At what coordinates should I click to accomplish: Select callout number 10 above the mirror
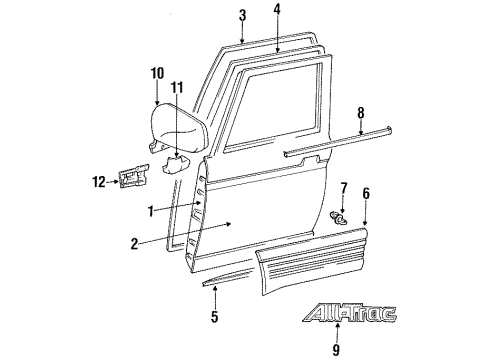(x=156, y=72)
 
